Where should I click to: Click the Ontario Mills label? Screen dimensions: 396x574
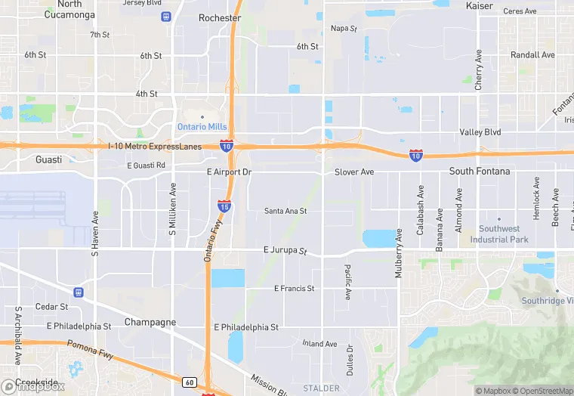(x=202, y=126)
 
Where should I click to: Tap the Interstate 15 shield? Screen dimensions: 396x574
(x=224, y=206)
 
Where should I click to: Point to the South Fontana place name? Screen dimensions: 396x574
(x=480, y=172)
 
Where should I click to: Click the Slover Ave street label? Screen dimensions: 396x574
(x=354, y=172)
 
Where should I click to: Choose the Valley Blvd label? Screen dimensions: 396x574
(x=481, y=132)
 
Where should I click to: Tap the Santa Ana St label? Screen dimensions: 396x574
(x=285, y=212)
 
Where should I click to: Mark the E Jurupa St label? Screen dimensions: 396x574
(x=285, y=250)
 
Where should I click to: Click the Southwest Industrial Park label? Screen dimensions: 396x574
(x=499, y=234)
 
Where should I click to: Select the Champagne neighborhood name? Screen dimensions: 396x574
(x=150, y=322)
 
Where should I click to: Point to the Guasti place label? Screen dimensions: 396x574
(x=49, y=159)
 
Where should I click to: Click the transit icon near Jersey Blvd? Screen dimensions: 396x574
(x=166, y=17)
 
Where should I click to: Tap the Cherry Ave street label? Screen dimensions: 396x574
(x=479, y=71)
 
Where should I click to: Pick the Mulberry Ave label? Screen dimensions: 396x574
(x=399, y=253)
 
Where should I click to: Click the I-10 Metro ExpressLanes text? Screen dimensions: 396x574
(x=154, y=146)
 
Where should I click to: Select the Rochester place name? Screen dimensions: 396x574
(x=220, y=17)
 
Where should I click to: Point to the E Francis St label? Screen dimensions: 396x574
(x=294, y=289)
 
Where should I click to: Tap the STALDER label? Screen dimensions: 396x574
(x=322, y=388)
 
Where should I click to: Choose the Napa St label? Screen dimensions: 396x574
(x=344, y=29)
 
